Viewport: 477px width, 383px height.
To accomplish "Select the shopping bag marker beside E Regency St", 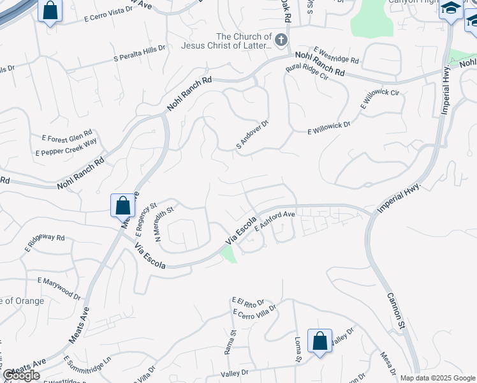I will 123,206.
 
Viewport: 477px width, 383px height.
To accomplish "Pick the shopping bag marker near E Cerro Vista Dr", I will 50,11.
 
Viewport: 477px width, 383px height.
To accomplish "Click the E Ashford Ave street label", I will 274,220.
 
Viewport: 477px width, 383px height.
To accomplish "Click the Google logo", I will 21,375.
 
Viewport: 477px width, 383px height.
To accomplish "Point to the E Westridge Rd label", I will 337,56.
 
